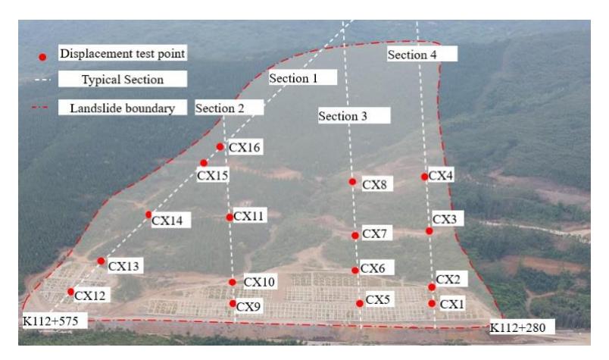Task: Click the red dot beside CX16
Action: [x=220, y=147]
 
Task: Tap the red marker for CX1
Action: [x=432, y=303]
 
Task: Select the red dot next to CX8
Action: [x=352, y=182]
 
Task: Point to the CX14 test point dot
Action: [x=148, y=214]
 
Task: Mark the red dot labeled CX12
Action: [x=70, y=292]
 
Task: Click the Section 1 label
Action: [x=294, y=78]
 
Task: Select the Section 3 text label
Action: [x=342, y=116]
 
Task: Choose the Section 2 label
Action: [x=220, y=108]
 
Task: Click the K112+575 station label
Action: [x=51, y=321]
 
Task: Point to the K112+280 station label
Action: [x=518, y=327]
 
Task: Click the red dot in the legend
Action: [x=42, y=57]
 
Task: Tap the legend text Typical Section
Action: [x=123, y=80]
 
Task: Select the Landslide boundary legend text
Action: [x=123, y=108]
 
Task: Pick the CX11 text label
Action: [x=248, y=216]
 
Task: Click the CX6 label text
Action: [x=373, y=268]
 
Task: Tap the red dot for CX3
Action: [x=429, y=231]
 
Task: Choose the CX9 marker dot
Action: [x=233, y=303]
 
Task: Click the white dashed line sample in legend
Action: [x=42, y=80]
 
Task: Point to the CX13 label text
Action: [x=123, y=266]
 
